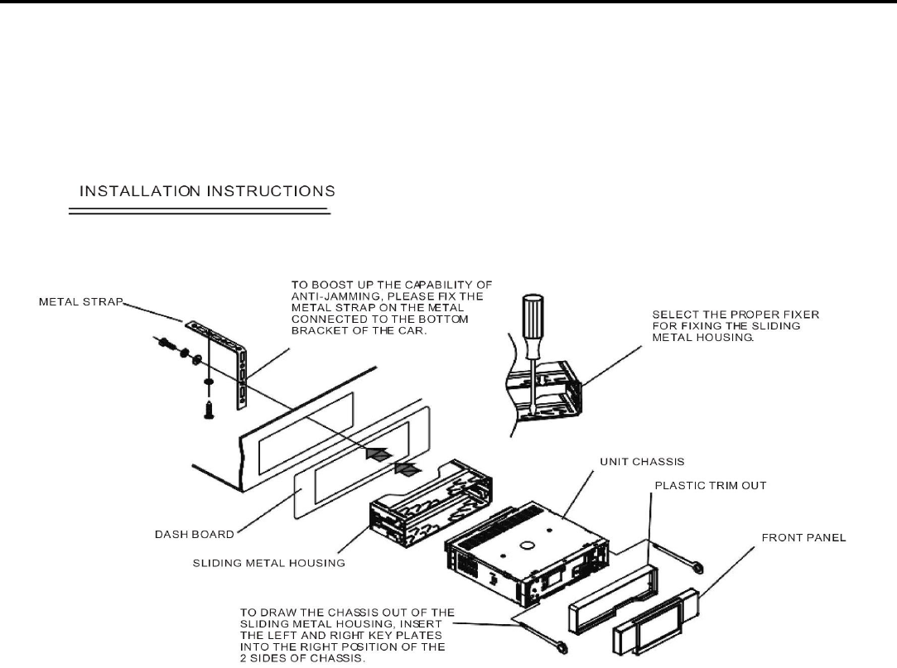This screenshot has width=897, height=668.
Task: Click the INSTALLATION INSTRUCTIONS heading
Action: (207, 190)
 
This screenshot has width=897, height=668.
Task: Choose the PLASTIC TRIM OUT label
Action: (710, 486)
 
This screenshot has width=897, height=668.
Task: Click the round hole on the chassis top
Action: (526, 545)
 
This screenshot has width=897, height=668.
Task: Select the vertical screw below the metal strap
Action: (207, 401)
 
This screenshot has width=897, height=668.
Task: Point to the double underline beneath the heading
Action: (199, 213)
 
